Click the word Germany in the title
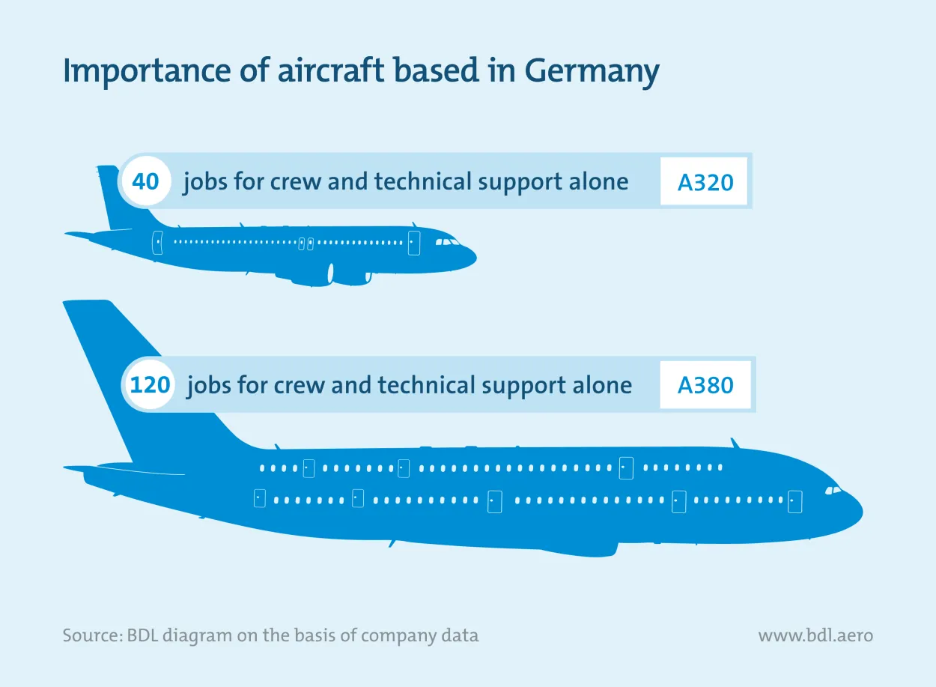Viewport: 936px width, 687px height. [591, 72]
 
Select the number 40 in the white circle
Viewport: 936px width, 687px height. [145, 181]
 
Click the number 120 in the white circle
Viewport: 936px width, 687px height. [150, 385]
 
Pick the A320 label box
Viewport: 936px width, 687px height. [703, 182]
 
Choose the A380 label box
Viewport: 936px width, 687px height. [705, 385]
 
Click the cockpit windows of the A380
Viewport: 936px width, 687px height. [832, 490]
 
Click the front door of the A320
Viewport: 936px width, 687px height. [413, 243]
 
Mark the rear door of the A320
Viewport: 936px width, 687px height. [157, 243]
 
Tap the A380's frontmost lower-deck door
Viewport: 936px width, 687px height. [794, 501]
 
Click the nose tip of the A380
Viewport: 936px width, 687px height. [861, 513]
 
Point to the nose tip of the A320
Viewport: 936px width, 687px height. [475, 259]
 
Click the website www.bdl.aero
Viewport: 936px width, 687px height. [815, 636]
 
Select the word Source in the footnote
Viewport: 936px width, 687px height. [86, 636]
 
